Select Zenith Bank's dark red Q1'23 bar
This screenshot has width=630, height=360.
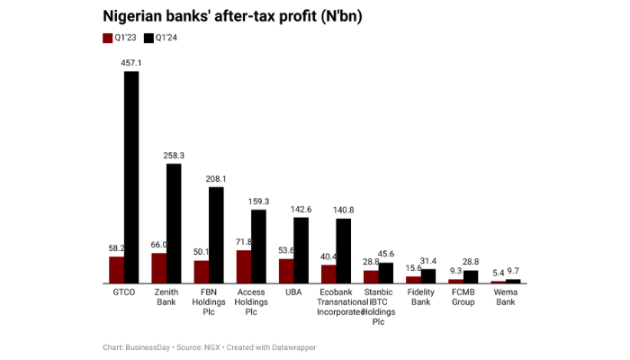pyautogui.click(x=158, y=268)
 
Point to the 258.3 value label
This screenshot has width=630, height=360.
pyautogui.click(x=174, y=156)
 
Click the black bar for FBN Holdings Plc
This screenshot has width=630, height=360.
pyautogui.click(x=216, y=235)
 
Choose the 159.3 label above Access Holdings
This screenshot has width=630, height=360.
pyautogui.click(x=258, y=202)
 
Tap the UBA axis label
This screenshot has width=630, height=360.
pyautogui.click(x=293, y=292)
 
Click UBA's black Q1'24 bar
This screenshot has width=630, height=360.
pyautogui.click(x=301, y=250)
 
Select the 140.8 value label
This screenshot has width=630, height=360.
pyautogui.click(x=343, y=210)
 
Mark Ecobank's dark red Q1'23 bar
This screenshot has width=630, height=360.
pyautogui.click(x=328, y=274)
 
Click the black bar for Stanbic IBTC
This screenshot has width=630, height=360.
pyautogui.click(x=385, y=273)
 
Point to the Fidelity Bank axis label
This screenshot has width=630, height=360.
pyautogui.click(x=420, y=297)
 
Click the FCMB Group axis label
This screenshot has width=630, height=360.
pyautogui.click(x=463, y=297)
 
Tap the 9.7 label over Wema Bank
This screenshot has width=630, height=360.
pyautogui.click(x=512, y=271)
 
